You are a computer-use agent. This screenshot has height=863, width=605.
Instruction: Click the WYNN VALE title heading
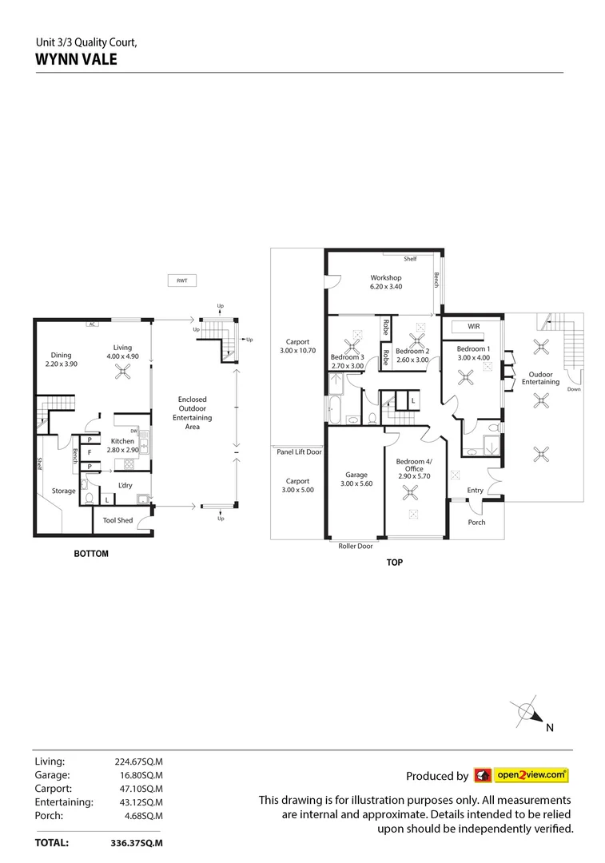tap(77, 58)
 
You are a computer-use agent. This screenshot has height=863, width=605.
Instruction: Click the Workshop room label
tap(385, 278)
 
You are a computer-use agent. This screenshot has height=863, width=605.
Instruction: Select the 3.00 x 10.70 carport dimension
tap(297, 350)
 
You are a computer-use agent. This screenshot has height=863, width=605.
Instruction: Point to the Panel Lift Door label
tap(297, 451)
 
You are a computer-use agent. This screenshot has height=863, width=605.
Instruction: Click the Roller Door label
tap(356, 547)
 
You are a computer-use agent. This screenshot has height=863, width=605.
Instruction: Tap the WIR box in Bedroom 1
tap(473, 327)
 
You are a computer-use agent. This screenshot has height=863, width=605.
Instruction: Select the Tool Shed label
tap(118, 520)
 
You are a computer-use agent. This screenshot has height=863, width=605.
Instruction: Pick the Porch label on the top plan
tap(476, 522)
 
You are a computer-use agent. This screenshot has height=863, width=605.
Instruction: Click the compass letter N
tap(550, 728)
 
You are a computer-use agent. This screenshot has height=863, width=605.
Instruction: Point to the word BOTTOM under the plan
tap(91, 554)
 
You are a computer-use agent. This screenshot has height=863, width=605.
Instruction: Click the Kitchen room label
tap(122, 441)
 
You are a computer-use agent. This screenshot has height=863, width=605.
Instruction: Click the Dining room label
tap(62, 356)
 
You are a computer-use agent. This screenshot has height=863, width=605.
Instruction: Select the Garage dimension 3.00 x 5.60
tap(356, 483)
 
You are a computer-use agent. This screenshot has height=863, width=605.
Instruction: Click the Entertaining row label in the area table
tap(64, 801)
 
